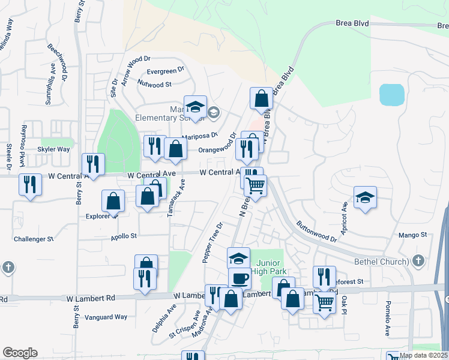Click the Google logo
[x=20, y=353]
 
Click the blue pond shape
[x=391, y=95]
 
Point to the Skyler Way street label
[x=53, y=149]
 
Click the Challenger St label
[x=34, y=239]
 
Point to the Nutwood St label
[x=154, y=85]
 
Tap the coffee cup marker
[x=240, y=278]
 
